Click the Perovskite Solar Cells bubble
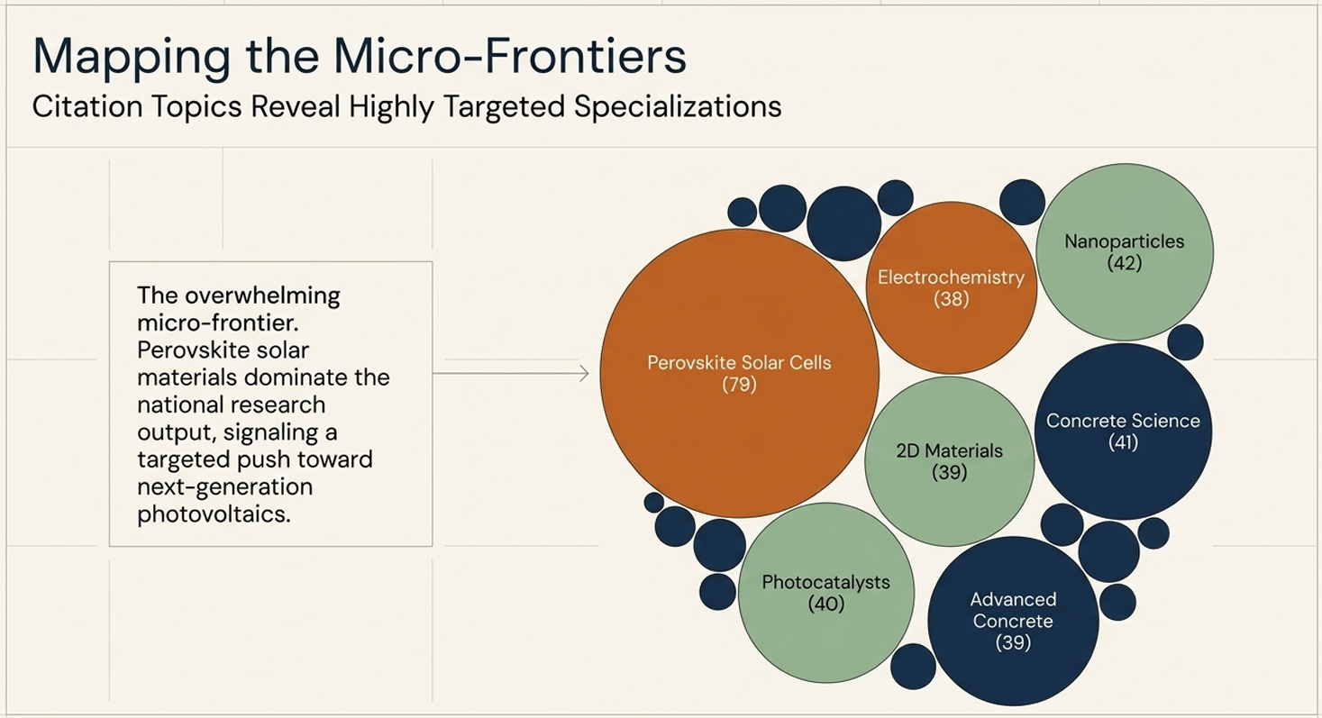tap(740, 374)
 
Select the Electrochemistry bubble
tap(952, 288)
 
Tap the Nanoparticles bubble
tap(1125, 252)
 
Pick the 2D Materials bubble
tap(950, 461)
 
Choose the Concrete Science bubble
tap(1123, 432)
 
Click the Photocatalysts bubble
tap(826, 593)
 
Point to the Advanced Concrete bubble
tap(1013, 621)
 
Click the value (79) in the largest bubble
tap(740, 385)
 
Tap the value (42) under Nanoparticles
tap(1125, 262)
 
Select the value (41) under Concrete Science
tap(1123, 442)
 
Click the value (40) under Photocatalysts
tap(826, 604)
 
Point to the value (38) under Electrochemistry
tap(952, 298)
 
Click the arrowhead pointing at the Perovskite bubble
tap(585, 374)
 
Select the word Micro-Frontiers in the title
tap(510, 56)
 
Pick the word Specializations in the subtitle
tap(678, 107)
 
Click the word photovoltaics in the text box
tap(214, 514)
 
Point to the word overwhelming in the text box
tap(262, 295)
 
